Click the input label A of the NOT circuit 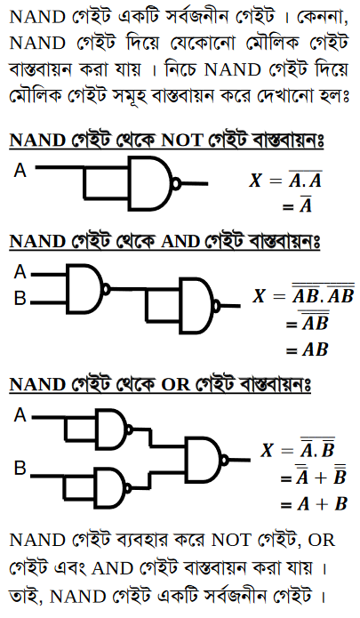20,170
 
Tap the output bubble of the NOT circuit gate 176,183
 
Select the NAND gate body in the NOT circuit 150,183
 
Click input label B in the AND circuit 20,299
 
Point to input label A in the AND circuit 20,272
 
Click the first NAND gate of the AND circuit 85,289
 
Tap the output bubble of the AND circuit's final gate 217,306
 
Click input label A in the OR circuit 20,415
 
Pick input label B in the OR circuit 20,468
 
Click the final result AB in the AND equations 315,349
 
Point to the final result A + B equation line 314,504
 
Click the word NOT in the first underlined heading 182,140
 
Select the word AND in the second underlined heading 180,241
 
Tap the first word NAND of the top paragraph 37,18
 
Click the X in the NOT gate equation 255,181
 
